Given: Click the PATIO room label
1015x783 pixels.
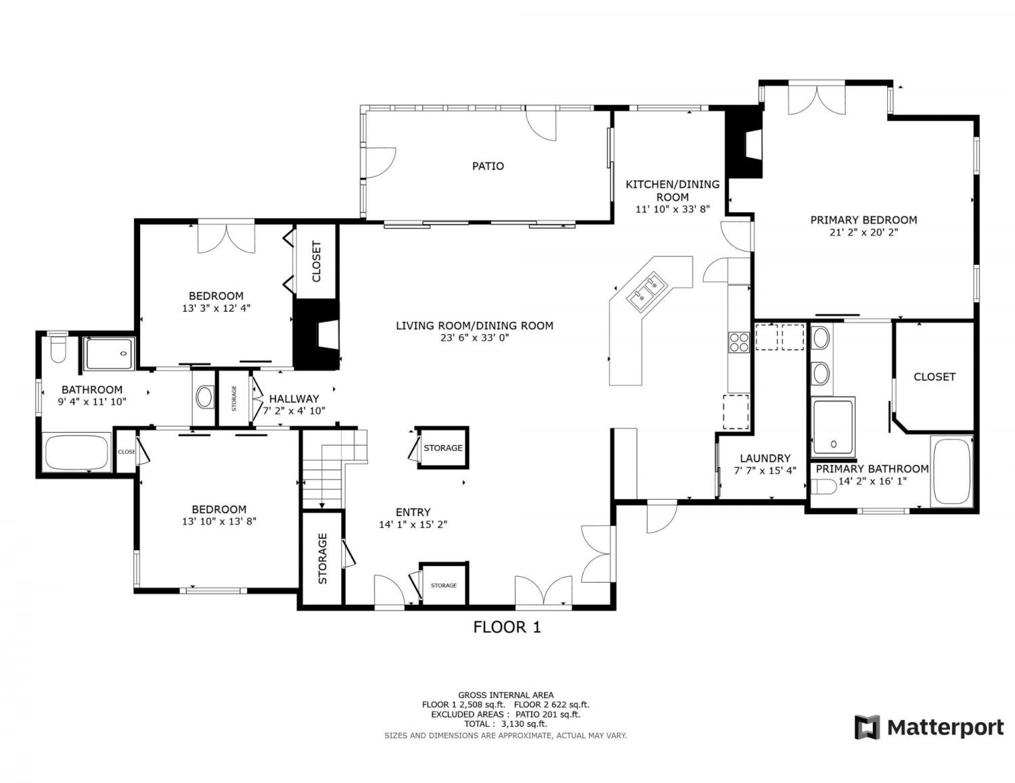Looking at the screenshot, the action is (x=488, y=166).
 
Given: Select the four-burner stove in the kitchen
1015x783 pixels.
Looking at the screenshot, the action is (x=739, y=341).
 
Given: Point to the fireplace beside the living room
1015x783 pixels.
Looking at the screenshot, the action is (x=316, y=335).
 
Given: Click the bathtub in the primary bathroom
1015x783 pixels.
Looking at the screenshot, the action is (x=951, y=471).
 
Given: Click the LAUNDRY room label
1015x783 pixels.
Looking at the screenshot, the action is (x=765, y=458).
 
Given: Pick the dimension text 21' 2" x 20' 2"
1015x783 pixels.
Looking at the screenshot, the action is (x=863, y=233).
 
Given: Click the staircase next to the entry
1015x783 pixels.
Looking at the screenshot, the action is (x=334, y=468).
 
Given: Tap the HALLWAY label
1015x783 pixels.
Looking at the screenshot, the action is (x=294, y=398).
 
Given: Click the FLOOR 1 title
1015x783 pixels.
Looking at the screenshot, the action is (x=507, y=627).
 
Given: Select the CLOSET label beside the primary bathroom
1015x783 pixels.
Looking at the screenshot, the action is (x=934, y=377).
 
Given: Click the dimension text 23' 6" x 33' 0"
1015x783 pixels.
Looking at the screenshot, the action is (x=474, y=338).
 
